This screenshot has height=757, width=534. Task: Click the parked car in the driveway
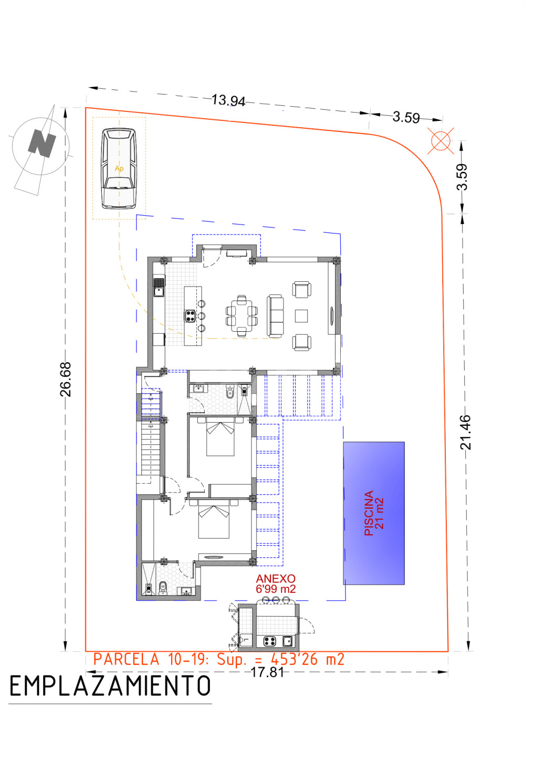pos(119,168)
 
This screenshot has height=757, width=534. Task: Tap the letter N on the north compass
pos(42,143)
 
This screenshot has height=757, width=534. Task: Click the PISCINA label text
pos(369,513)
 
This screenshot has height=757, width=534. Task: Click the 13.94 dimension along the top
pos(228,100)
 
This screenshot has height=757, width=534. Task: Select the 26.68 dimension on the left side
pos(66,379)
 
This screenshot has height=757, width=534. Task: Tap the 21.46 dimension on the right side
pos(465,433)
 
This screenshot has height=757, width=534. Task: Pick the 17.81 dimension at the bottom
pos(267,672)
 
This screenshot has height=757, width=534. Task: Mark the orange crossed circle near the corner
pos(441,140)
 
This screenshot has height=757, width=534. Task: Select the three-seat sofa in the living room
pos(275,316)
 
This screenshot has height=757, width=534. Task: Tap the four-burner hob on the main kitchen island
pos(190,316)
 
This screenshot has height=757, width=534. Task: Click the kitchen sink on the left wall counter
pos(159,287)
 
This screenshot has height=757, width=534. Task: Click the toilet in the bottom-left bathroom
pos(162,588)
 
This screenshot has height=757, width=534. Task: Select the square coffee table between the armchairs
pos(301,316)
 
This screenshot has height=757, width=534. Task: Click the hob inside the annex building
pos(269,641)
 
